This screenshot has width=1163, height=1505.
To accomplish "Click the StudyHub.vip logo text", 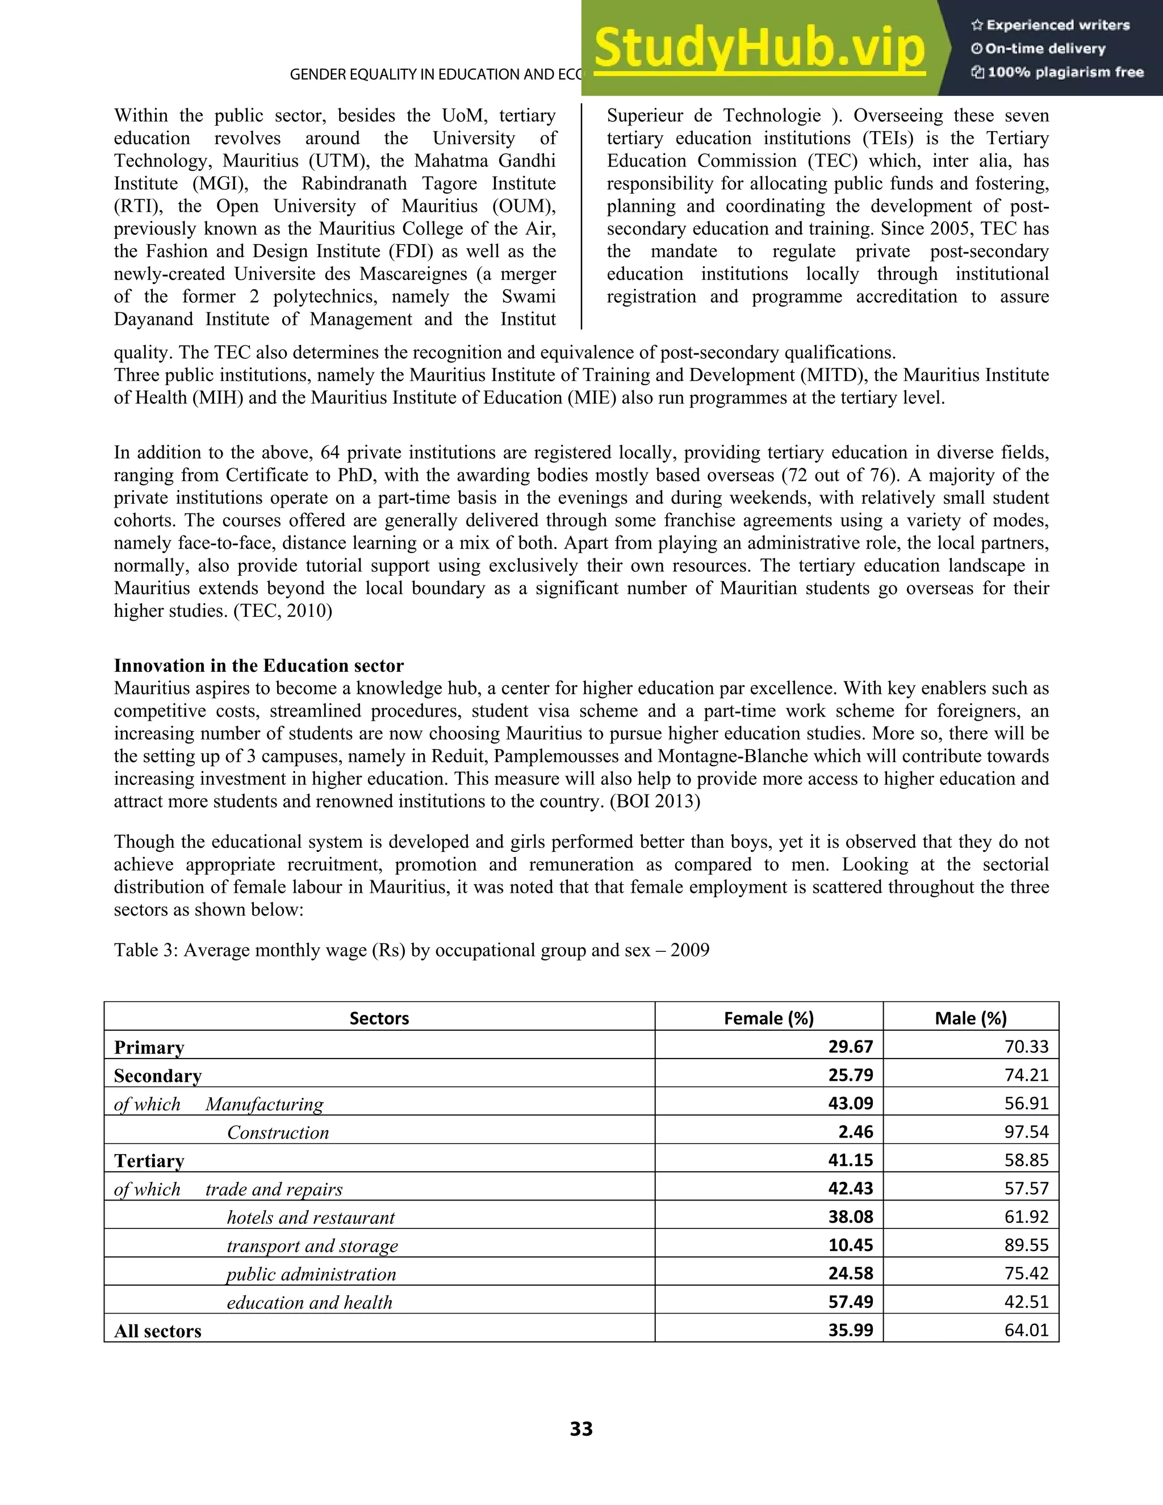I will [x=759, y=48].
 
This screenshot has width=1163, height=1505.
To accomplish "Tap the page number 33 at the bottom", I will [x=581, y=1428].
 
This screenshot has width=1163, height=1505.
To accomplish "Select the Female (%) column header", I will [x=768, y=1018].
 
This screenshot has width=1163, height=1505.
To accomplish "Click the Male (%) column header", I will [x=970, y=1018].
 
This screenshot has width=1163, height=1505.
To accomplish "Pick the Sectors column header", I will [x=379, y=1018].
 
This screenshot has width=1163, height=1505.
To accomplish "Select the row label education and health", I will [x=309, y=1302].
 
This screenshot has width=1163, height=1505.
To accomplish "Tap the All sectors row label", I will [x=158, y=1331].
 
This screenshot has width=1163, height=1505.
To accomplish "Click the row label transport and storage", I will [x=312, y=1246].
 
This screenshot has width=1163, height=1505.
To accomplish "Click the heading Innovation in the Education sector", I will [x=258, y=666].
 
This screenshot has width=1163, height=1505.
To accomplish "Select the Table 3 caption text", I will [x=411, y=950].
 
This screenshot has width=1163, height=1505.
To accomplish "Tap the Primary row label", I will [x=149, y=1047].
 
